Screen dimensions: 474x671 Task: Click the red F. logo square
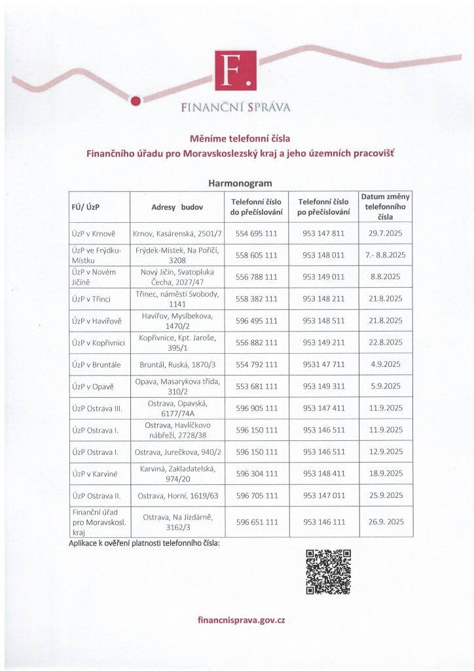[x=236, y=70]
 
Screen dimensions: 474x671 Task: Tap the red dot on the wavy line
[x=136, y=100]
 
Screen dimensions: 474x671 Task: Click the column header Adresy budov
[x=177, y=207]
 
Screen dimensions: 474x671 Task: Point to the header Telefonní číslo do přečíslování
[x=256, y=207]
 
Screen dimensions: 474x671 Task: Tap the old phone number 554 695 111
[x=257, y=233]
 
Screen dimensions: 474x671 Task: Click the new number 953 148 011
[x=323, y=255]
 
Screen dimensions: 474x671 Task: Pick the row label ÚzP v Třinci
[x=91, y=299]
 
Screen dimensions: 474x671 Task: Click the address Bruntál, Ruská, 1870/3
[x=177, y=364]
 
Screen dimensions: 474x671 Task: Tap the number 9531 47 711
[x=323, y=364]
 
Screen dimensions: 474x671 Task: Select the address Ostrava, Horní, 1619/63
[x=178, y=495]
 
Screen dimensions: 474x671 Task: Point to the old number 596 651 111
[x=257, y=522]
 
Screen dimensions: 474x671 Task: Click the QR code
[x=328, y=571]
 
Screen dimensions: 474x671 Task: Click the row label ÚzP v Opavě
[x=92, y=386]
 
